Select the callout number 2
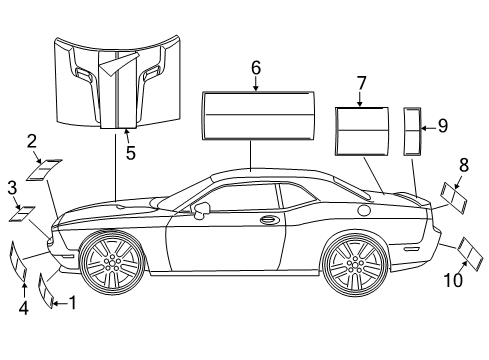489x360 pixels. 32,141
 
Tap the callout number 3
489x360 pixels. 12,187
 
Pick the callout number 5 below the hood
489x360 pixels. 129,152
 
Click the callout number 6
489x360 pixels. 256,68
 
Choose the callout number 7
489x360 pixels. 361,84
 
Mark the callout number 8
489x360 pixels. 463,164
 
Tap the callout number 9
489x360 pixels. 442,127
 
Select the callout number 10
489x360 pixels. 453,281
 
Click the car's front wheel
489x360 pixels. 113,264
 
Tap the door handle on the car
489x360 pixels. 268,220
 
